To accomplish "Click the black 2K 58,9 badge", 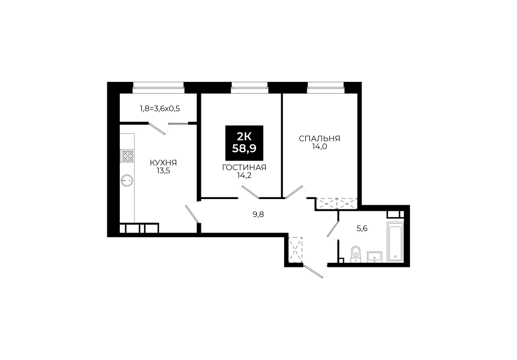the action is tap(244, 142).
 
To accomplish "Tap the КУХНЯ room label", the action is tap(163, 163).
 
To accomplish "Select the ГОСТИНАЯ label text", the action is tap(244, 168).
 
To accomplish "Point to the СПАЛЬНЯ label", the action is tap(320, 138).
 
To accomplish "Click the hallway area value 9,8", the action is tap(258, 215).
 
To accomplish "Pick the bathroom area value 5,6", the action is tap(362, 228).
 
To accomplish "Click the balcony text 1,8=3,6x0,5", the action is tap(160, 108).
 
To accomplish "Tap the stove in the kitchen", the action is tap(127, 156).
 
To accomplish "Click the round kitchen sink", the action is tap(127, 180).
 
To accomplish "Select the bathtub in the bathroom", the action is tap(395, 242).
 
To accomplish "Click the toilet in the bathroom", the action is tap(355, 254).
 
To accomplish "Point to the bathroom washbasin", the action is tap(374, 257).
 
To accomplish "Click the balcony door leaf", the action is tap(157, 129).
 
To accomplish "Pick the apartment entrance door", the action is tap(313, 271).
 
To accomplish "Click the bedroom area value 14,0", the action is tap(320, 147).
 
